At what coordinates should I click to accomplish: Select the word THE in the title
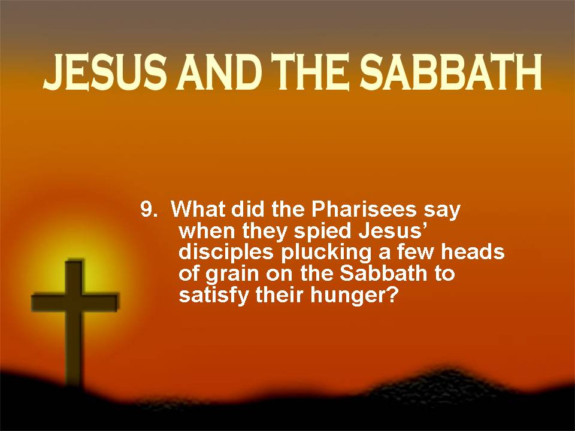309,72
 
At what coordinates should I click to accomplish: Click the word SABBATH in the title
450,72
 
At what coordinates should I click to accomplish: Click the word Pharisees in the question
364,210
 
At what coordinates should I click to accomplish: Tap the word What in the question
199,210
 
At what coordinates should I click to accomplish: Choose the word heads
473,252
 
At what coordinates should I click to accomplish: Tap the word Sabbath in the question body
383,274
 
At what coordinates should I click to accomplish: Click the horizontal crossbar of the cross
75,302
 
